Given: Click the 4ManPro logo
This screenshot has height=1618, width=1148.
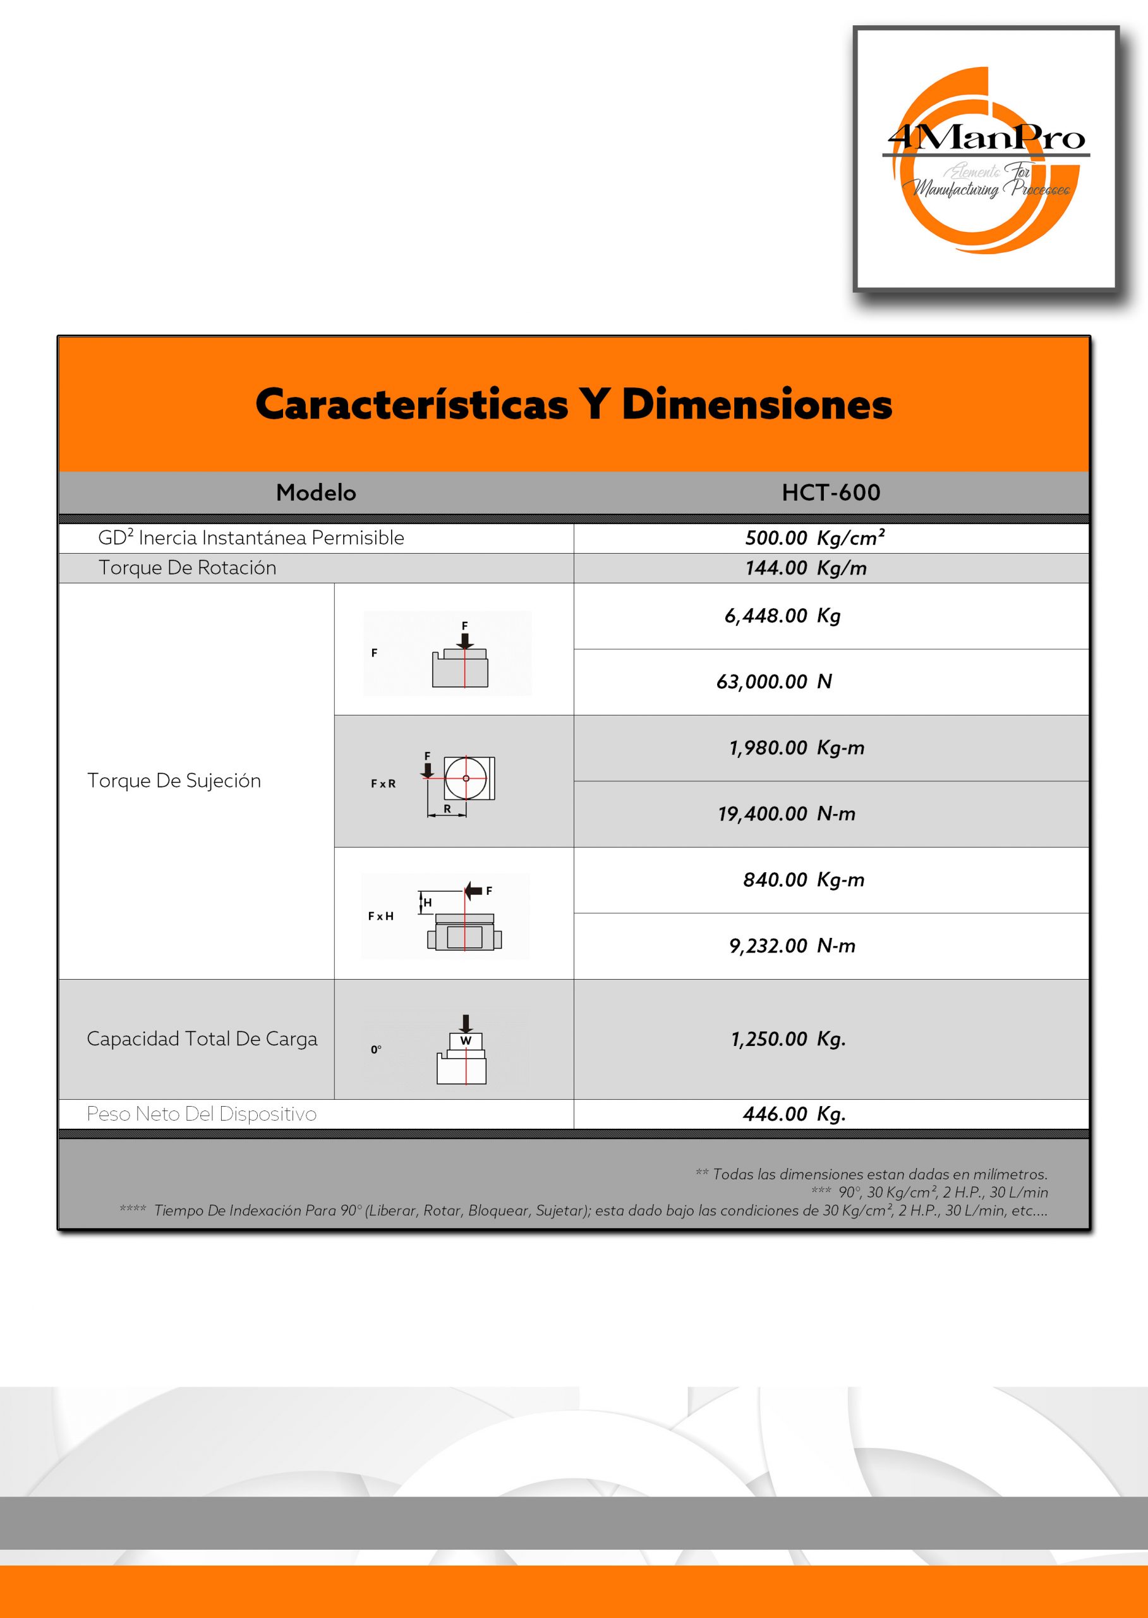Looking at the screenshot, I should point(986,159).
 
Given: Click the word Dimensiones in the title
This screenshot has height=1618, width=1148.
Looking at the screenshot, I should point(756,404).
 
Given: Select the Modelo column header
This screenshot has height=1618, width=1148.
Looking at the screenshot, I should point(315,492).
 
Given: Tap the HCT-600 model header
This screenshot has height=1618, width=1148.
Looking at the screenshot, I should point(831,492).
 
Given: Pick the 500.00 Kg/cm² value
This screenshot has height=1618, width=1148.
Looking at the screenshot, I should point(814,538).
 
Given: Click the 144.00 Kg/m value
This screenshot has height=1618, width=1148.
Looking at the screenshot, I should point(805,568).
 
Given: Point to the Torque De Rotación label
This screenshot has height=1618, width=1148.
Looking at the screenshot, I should point(187,568).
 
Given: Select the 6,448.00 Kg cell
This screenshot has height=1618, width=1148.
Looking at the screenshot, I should point(782,616).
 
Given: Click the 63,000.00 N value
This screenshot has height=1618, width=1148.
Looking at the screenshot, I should point(774,682).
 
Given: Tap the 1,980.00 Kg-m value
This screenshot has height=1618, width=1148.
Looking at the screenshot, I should point(796,748).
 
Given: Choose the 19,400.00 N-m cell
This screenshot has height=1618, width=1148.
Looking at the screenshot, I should point(786,814).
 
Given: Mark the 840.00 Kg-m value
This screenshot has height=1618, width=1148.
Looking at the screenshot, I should point(803,880).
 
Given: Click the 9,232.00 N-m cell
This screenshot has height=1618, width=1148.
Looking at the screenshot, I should point(792,946).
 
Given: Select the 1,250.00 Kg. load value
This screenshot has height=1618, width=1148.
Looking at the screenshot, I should point(788,1039).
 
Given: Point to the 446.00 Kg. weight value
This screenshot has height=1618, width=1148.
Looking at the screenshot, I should point(794,1114).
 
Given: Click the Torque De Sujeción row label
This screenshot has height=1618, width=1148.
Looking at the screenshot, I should point(174,781).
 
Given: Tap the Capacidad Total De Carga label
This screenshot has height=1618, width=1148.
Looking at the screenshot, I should point(202,1039).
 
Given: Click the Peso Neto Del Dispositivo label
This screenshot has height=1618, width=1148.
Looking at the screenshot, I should point(202,1114).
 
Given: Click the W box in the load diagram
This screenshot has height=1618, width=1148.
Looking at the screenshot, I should point(465,1041).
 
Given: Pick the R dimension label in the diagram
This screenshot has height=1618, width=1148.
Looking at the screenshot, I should point(447,808).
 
